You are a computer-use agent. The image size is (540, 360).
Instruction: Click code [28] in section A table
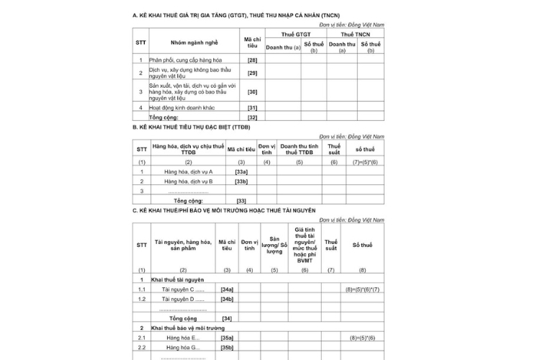(x=252, y=60)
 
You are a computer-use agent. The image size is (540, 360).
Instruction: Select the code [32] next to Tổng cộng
(x=252, y=117)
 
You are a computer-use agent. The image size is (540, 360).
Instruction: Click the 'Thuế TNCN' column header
(x=355, y=34)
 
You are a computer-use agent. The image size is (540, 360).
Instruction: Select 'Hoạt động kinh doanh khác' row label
(x=182, y=107)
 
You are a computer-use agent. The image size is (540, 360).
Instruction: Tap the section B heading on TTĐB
(x=191, y=127)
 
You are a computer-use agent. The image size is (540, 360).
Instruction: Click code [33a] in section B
(x=241, y=171)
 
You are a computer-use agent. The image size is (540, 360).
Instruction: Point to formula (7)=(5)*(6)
(x=365, y=163)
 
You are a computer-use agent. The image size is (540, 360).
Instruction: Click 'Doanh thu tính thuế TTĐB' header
(x=300, y=149)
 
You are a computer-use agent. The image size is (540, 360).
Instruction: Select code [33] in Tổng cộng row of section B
(x=241, y=201)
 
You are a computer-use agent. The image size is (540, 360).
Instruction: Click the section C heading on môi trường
(x=224, y=210)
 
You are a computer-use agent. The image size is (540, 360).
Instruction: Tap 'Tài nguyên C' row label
(x=183, y=289)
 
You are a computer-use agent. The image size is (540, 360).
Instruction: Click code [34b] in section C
(x=227, y=298)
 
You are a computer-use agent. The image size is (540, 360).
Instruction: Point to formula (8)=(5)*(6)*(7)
(x=363, y=289)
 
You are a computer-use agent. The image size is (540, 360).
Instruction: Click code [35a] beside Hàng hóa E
(x=227, y=337)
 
